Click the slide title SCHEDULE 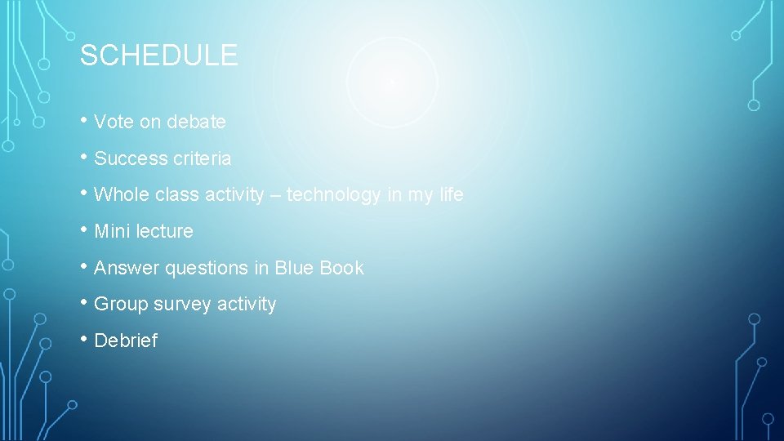coord(158,56)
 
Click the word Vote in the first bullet coord(114,122)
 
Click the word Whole coord(118,194)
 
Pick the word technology coord(333,194)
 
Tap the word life coord(450,194)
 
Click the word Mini coord(112,231)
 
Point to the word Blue coord(294,268)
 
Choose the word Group coord(121,304)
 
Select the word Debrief coord(126,341)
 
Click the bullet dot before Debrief coord(84,338)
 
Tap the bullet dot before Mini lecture coord(84,229)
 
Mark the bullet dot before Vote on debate coord(84,119)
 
